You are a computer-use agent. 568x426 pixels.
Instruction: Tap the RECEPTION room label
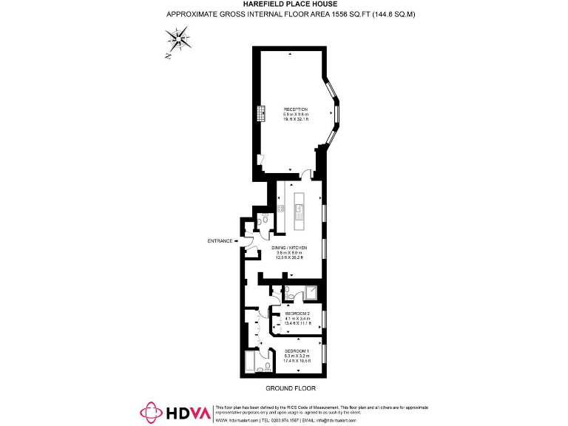(295, 109)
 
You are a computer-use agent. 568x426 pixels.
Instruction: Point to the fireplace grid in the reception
(261, 114)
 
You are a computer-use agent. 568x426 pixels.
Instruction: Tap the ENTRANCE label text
(219, 241)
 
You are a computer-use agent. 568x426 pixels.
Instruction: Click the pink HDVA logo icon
(152, 413)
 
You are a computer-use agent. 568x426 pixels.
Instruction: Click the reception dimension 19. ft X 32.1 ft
(295, 120)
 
